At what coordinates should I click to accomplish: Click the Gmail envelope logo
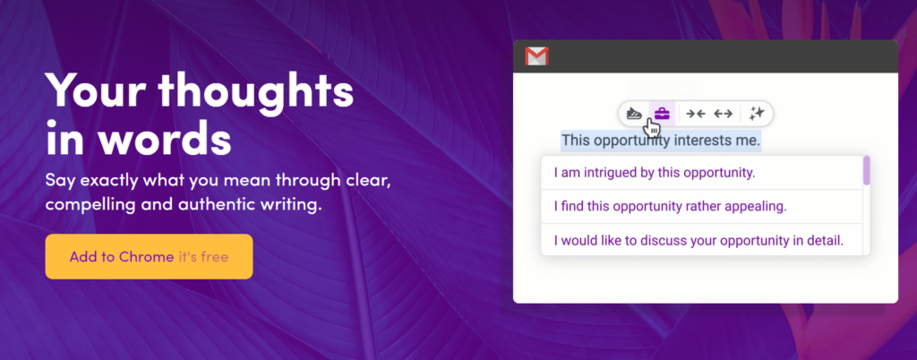tap(536, 56)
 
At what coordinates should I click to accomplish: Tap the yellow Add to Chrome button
tap(150, 256)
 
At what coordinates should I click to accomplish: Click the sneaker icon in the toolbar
tap(635, 114)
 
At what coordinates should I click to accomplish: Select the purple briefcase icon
tap(662, 114)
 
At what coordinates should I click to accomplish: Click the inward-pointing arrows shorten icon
tap(695, 114)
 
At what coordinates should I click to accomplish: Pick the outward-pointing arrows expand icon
tap(724, 114)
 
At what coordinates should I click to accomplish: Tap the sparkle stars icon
tap(757, 114)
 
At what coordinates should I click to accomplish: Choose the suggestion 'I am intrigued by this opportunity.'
tap(655, 173)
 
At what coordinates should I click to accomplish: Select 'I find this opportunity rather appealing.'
tap(670, 206)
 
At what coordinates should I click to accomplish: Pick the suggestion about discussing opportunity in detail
tap(698, 241)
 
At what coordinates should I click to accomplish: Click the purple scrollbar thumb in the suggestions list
tap(867, 171)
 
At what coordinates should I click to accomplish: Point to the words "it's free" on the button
tap(203, 256)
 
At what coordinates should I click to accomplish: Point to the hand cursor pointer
tap(652, 125)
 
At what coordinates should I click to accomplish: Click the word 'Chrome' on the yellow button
tap(146, 256)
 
